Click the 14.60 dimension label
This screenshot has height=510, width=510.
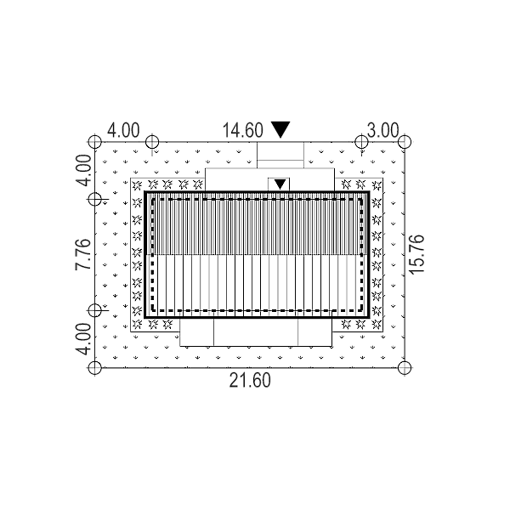(242, 130)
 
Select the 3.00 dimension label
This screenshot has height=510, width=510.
(382, 130)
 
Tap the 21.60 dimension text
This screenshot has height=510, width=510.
(250, 381)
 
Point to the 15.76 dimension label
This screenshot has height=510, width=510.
(417, 255)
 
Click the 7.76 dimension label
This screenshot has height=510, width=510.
(82, 254)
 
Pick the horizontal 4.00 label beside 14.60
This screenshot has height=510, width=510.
(123, 130)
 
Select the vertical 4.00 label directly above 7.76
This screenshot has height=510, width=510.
(82, 170)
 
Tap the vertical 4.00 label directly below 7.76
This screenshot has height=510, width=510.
(82, 339)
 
